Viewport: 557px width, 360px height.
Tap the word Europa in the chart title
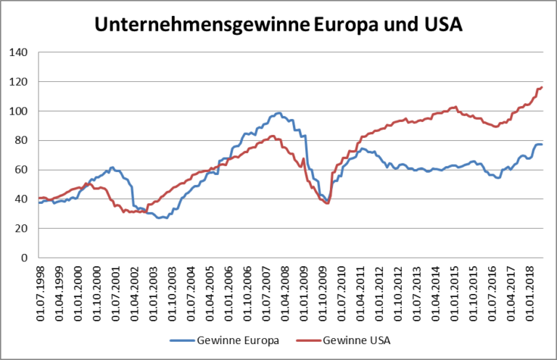[341, 25]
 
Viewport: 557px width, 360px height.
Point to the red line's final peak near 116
[541, 88]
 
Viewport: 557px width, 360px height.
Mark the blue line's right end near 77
[542, 145]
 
